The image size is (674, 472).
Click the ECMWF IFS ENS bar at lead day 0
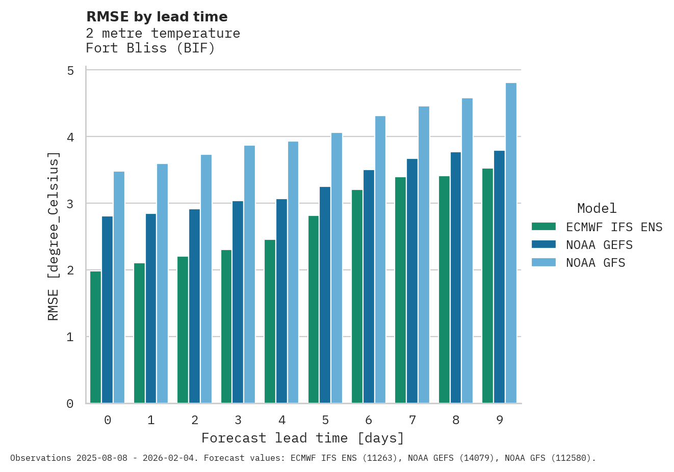click(x=95, y=337)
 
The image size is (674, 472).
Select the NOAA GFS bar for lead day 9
click(x=511, y=243)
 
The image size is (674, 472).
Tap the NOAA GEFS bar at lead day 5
click(x=325, y=295)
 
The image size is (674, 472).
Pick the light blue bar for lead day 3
click(x=249, y=274)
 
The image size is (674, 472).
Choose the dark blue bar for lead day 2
click(x=194, y=306)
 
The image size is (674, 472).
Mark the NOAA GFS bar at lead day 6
click(x=380, y=260)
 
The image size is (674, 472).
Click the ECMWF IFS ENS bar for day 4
click(x=270, y=321)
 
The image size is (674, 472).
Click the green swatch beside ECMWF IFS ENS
click(x=543, y=227)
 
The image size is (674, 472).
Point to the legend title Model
click(x=597, y=208)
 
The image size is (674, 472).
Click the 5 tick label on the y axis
click(x=70, y=71)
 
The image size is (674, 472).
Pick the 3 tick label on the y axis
click(x=70, y=204)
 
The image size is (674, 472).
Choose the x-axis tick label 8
click(x=456, y=420)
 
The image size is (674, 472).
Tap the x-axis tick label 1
click(x=151, y=420)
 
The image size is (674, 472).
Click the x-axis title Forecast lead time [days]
click(x=303, y=438)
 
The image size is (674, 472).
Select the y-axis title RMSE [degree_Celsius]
click(x=53, y=236)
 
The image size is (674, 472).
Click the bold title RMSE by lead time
click(x=157, y=17)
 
